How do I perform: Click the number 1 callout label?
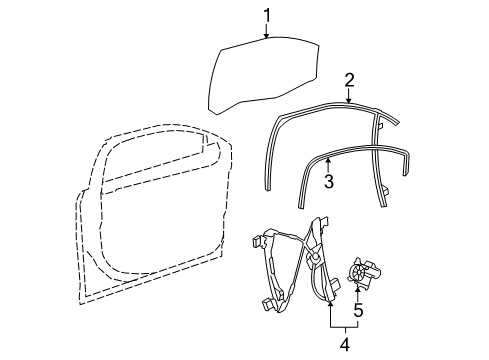pos(267,15)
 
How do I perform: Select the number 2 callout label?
pos(349,80)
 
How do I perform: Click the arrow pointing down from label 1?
pos(267,31)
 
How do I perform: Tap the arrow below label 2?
pos(349,97)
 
